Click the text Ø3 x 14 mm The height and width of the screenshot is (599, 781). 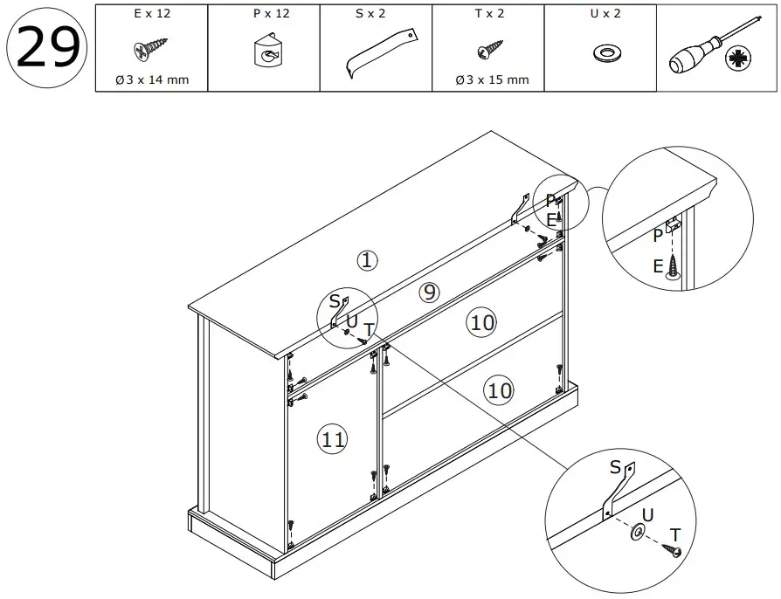(150, 80)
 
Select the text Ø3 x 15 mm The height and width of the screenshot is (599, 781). (492, 80)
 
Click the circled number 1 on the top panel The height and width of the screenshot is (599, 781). (367, 259)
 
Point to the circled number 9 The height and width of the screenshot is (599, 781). (428, 293)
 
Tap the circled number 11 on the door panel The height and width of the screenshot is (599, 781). (332, 439)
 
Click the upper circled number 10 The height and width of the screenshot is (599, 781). (481, 323)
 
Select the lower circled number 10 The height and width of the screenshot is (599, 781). (499, 389)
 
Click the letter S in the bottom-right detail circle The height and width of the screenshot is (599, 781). (616, 468)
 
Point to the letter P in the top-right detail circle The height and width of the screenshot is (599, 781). (657, 236)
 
